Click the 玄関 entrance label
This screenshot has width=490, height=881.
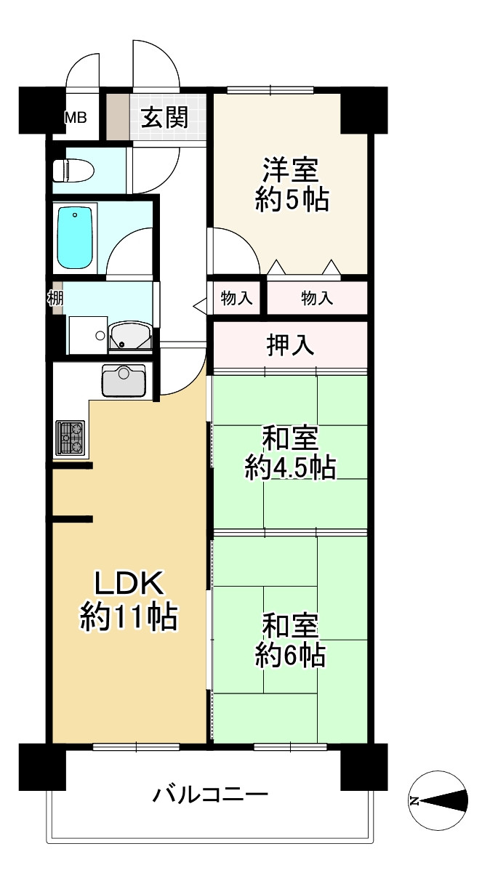(164, 117)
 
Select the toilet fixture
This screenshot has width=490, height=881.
(73, 170)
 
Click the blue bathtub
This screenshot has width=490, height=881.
(75, 237)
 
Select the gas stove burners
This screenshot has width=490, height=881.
(71, 438)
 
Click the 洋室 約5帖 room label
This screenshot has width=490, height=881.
(291, 185)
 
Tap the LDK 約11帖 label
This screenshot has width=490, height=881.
(128, 600)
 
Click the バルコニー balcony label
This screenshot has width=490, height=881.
(210, 794)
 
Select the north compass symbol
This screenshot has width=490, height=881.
(438, 800)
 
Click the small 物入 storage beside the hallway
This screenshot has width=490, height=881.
(237, 298)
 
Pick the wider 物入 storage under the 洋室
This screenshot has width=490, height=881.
(317, 298)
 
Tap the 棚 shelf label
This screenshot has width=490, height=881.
(55, 298)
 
